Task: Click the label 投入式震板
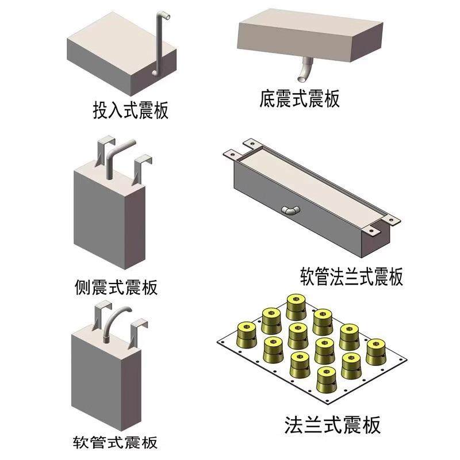click(x=131, y=109)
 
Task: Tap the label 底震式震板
click(x=300, y=99)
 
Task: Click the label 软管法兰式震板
click(x=351, y=276)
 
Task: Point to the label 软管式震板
click(x=116, y=443)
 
